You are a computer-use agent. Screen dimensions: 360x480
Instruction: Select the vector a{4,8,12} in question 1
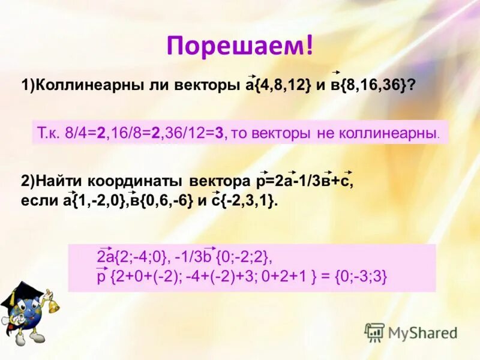[x=278, y=86]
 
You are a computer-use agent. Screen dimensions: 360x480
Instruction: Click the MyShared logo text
[x=422, y=333]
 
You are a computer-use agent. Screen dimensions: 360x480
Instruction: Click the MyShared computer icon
[x=374, y=332]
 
